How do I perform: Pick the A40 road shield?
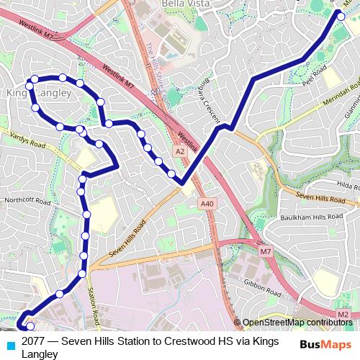click(207, 204)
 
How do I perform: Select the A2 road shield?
click(179, 151)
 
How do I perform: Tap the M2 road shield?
click(342, 315)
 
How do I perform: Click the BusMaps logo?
click(325, 343)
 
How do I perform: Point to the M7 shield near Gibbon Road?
click(266, 251)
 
